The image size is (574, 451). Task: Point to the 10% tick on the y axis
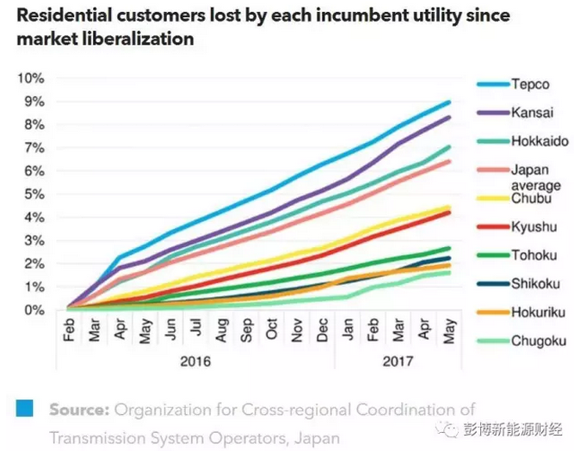[x=30, y=78]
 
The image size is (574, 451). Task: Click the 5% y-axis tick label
[x=33, y=194]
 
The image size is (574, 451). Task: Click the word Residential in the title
[x=59, y=15]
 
